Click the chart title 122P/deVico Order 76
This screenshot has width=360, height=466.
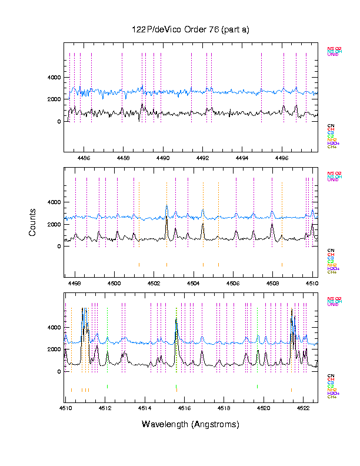[x=191, y=29]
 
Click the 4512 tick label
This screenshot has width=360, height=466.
[x=105, y=407]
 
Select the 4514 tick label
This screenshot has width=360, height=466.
[x=144, y=407]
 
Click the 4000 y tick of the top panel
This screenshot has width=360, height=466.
[x=54, y=78]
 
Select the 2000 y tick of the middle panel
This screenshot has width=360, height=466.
[x=54, y=225]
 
